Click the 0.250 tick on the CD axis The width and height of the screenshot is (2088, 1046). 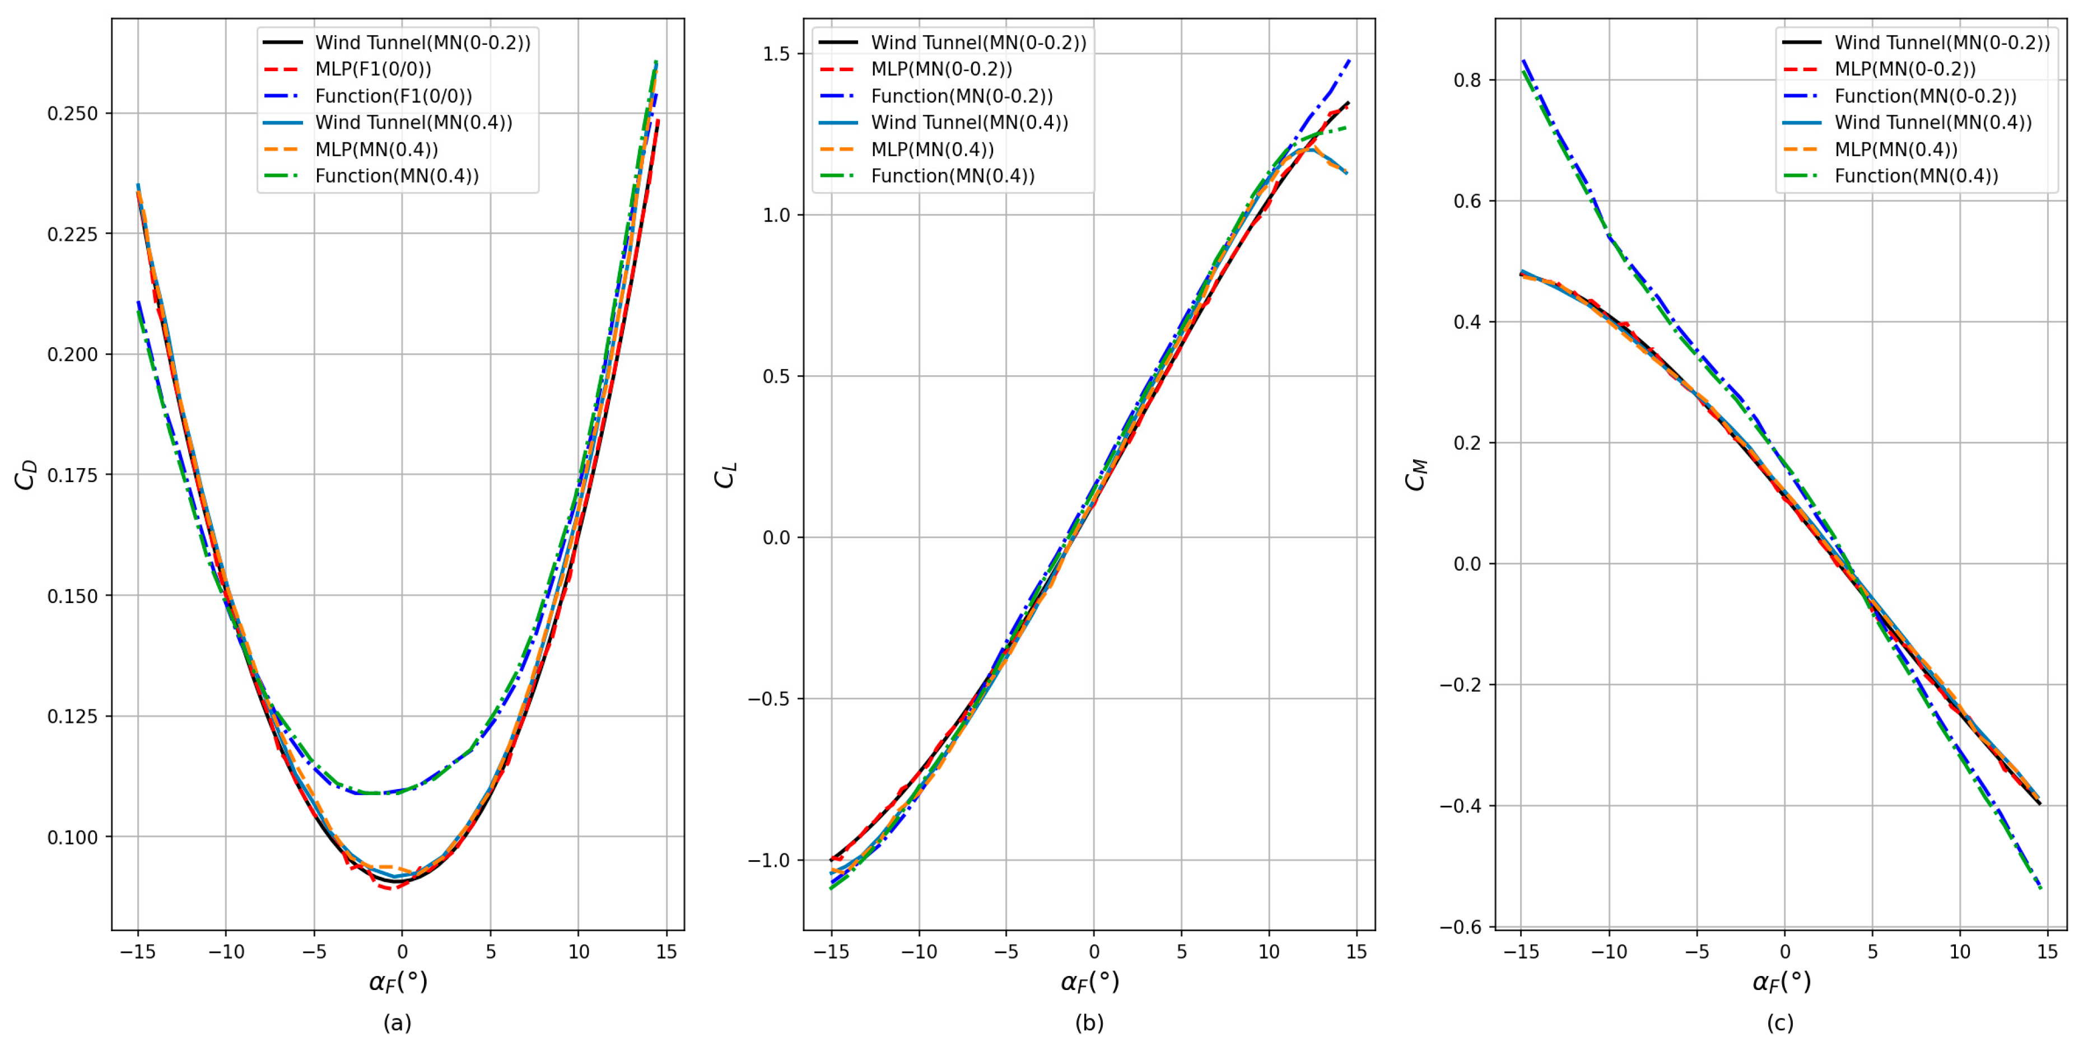pos(73,114)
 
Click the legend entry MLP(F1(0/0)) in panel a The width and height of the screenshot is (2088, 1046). pos(373,69)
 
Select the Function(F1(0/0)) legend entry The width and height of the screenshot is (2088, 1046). pos(393,96)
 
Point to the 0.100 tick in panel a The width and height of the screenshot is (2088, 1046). pos(73,837)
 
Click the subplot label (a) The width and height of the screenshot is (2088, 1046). pos(397,1022)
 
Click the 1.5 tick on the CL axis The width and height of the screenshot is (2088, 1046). pos(776,53)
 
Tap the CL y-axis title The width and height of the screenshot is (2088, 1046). pos(725,475)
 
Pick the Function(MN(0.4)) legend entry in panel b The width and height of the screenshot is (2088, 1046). pos(952,176)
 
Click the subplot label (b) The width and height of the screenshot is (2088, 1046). pos(1089,1022)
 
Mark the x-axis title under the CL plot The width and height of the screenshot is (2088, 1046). pos(1089,982)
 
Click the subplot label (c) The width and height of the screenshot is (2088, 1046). pos(1780,1022)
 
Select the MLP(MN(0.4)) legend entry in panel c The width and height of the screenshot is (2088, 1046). pos(1896,149)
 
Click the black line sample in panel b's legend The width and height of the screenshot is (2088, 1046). pos(838,42)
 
